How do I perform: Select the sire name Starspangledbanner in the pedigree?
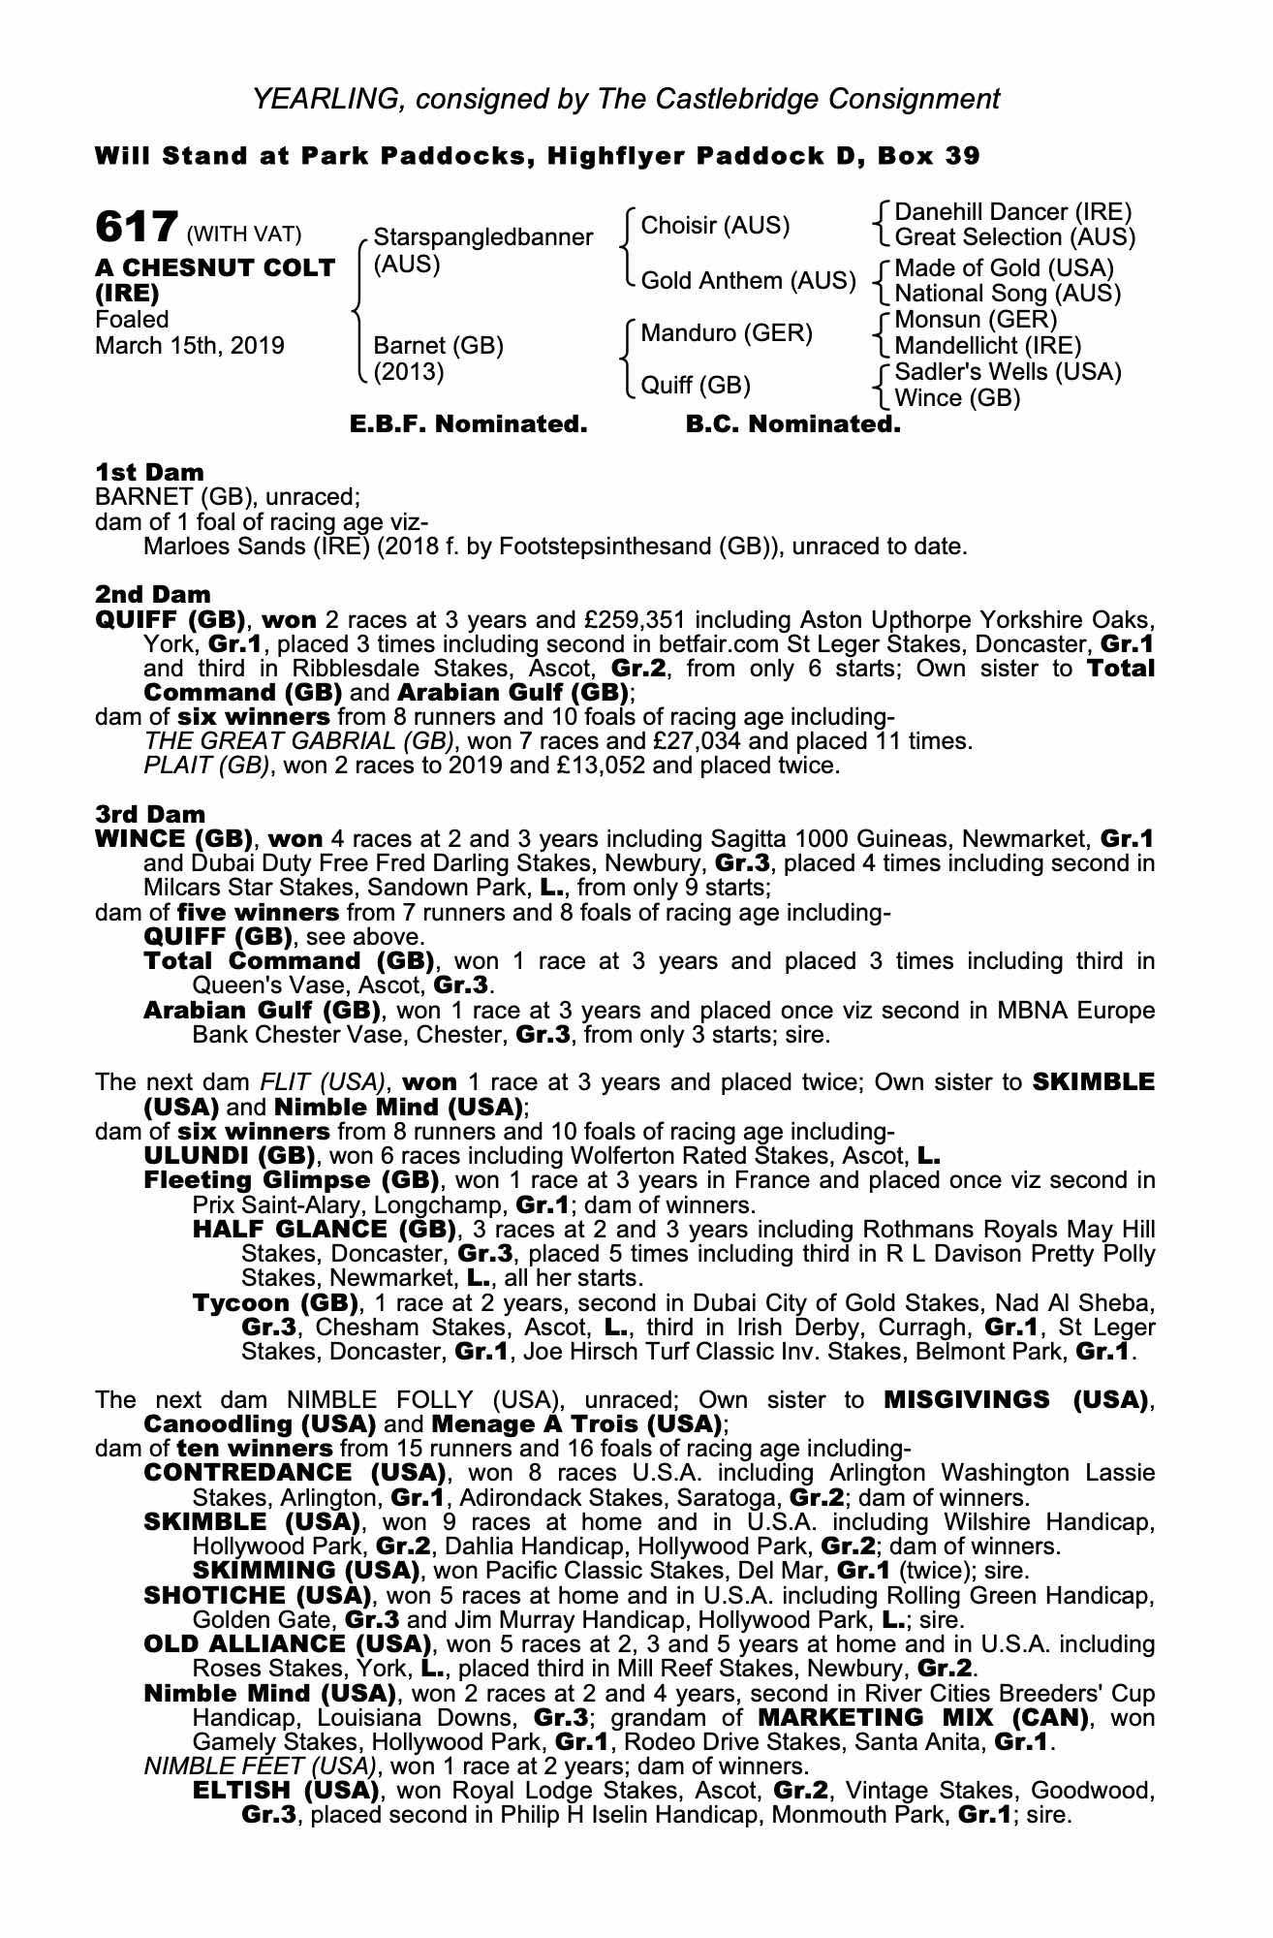[482, 237]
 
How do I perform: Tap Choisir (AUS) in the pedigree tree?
[715, 226]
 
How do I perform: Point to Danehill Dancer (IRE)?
[1012, 212]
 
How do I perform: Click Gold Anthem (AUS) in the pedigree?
[748, 281]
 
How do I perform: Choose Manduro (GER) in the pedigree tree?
[727, 334]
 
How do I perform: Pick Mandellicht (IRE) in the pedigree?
[987, 346]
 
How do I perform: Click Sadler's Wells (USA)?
[1008, 372]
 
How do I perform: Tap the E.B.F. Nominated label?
[468, 424]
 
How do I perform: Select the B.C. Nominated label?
[792, 424]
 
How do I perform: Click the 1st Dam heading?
[149, 473]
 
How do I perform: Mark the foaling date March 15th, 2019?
[190, 346]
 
